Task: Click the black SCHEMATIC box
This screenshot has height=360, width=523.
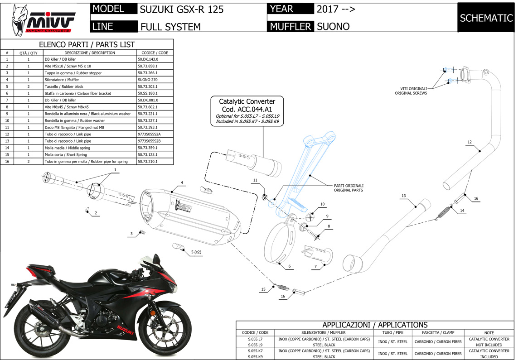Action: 486,18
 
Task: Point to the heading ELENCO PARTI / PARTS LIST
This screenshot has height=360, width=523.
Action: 87,44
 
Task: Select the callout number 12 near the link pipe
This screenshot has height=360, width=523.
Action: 470,142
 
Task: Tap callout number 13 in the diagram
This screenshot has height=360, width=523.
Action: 403,196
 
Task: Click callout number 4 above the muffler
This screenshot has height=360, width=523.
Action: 182,183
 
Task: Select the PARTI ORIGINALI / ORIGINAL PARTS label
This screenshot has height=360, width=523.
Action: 349,188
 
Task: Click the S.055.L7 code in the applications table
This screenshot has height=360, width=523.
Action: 255,339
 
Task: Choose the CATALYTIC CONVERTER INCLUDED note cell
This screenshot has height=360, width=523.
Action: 489,354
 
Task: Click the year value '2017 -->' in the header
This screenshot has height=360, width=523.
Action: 336,9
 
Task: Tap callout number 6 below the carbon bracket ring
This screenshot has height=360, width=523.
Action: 289,266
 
